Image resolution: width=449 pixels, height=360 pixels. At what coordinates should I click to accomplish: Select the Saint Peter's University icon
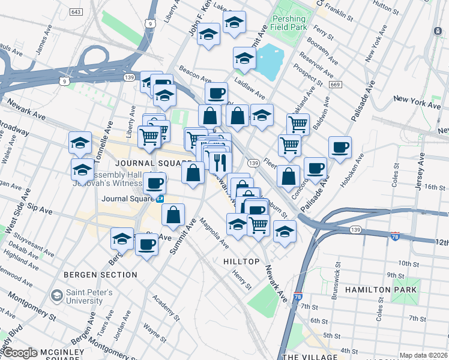tap(57, 295)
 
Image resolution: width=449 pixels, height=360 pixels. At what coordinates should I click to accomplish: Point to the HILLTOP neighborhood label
tap(241, 262)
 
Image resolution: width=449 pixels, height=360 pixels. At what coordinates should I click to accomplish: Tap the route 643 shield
tap(77, 12)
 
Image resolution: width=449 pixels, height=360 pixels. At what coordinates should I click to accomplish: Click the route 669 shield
tap(336, 85)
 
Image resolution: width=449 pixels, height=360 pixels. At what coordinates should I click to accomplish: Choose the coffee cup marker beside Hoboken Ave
tap(340, 147)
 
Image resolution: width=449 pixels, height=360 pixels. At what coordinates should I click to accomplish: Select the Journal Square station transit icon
tap(160, 199)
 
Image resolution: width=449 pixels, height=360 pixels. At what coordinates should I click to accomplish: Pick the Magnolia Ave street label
tap(214, 233)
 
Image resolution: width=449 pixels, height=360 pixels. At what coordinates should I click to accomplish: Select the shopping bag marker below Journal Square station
tap(173, 215)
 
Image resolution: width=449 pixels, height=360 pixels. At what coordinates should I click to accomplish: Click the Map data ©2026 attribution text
tap(423, 355)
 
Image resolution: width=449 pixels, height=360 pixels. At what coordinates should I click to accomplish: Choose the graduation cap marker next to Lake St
tap(234, 22)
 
